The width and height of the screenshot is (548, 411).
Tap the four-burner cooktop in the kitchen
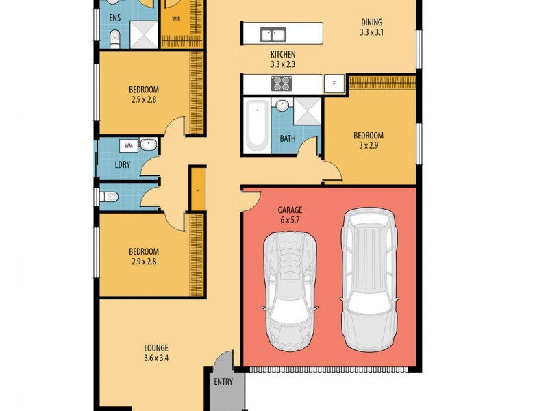point(282,83)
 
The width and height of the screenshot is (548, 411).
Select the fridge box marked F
point(334,83)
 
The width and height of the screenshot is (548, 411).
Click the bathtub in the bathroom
point(257,125)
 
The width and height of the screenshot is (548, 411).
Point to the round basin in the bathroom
point(282,106)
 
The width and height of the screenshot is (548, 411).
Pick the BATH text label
point(288,138)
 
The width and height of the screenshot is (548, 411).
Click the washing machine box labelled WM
point(128,145)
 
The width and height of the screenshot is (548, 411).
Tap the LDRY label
point(123,164)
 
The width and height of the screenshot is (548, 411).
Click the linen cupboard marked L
point(197,188)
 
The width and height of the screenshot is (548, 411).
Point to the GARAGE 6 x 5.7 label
point(290,215)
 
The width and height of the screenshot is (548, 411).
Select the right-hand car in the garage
point(369,278)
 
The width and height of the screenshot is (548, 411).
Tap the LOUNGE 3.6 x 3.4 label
point(156,353)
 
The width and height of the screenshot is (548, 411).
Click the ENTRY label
point(223,382)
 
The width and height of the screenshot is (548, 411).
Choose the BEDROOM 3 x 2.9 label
point(368,140)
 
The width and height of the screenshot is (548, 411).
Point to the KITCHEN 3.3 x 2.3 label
point(282,59)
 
